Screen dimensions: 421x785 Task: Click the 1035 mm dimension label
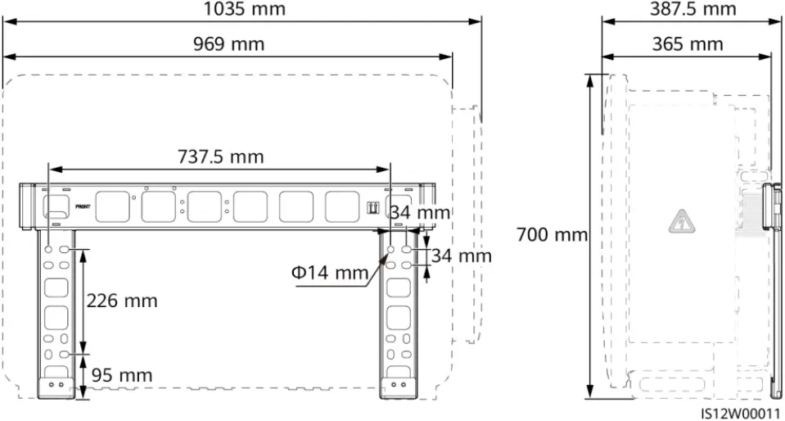pos(245,10)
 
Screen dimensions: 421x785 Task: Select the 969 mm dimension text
pos(228,44)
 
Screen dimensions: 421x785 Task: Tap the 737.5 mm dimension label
pos(220,156)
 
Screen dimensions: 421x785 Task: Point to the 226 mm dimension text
pos(122,301)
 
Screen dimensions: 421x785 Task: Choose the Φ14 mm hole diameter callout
pos(329,272)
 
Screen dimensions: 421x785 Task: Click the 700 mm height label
pos(552,235)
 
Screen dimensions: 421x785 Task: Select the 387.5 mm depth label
pos(693,9)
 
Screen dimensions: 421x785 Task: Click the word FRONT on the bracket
pos(83,208)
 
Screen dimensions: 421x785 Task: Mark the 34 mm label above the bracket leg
pos(419,213)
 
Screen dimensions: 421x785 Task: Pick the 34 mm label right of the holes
pos(463,256)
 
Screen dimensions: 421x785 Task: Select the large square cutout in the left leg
pos(56,287)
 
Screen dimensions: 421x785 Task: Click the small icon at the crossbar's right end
pos(372,207)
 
